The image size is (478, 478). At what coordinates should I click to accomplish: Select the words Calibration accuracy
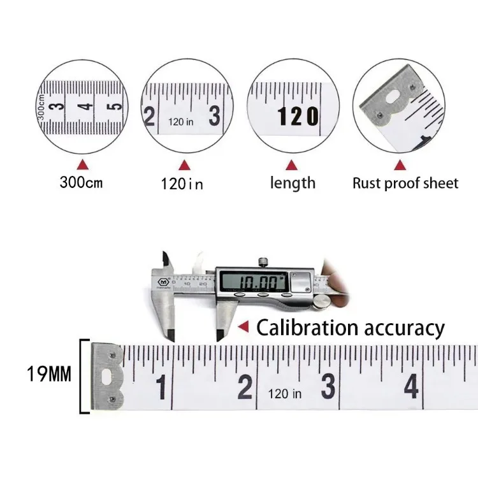click(350, 328)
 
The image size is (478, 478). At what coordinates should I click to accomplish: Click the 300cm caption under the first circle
click(81, 183)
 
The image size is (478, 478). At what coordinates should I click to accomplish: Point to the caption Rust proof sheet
click(405, 184)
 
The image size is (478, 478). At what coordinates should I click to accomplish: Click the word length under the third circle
click(293, 184)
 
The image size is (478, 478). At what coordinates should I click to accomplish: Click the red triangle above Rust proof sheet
click(400, 165)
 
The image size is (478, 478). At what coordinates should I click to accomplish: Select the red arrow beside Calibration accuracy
click(243, 327)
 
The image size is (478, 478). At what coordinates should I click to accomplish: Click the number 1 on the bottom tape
click(162, 387)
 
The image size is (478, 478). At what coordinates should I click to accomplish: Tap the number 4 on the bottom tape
click(410, 386)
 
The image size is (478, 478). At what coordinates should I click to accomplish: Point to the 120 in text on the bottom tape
click(285, 394)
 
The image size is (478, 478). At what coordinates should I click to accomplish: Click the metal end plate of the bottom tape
click(106, 376)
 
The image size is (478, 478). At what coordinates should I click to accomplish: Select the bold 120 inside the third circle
click(296, 116)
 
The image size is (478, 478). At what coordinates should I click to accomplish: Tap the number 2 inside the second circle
click(150, 117)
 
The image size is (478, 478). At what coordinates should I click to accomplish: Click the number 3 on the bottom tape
click(328, 386)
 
